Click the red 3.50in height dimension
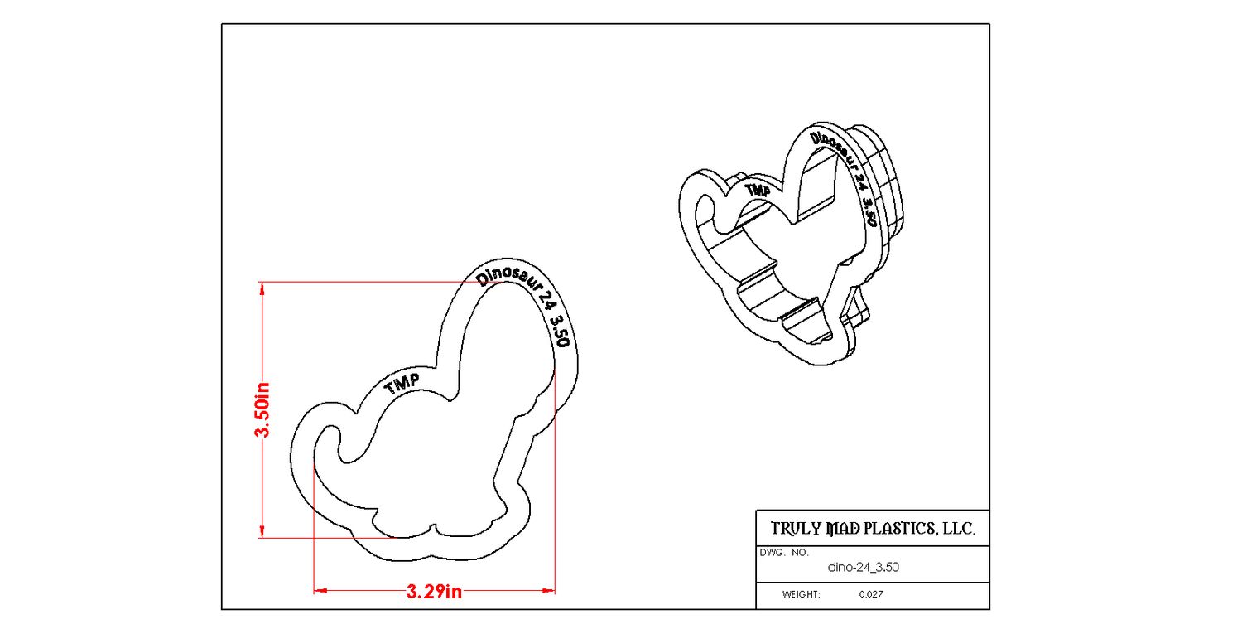[x=262, y=409]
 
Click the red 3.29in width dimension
[x=434, y=592]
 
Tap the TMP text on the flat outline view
[x=402, y=384]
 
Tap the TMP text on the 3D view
[x=758, y=191]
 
